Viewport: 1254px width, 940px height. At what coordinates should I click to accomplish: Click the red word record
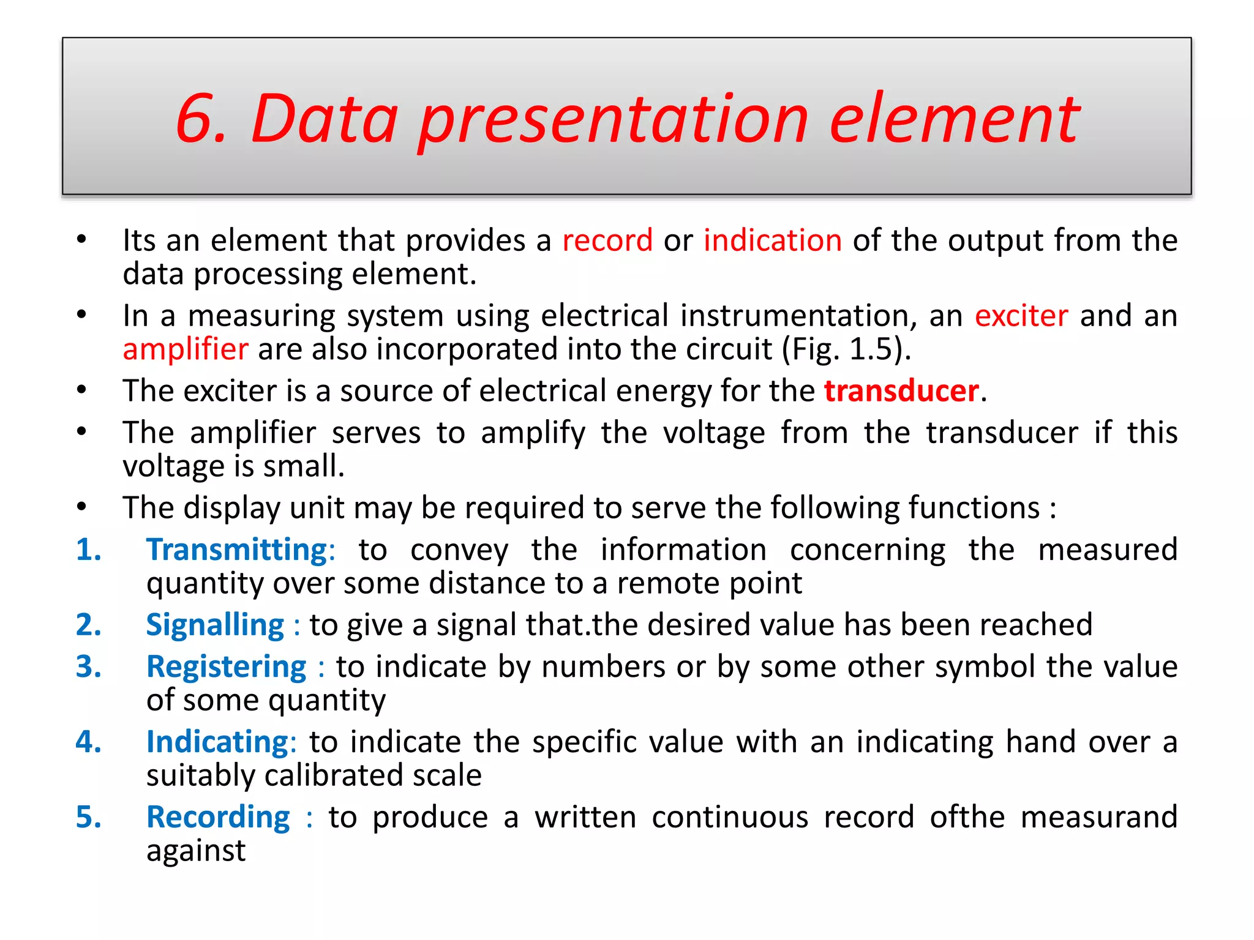[x=607, y=241]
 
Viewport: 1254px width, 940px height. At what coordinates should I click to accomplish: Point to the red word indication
[x=772, y=241]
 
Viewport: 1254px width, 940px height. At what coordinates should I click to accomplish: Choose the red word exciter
[x=1021, y=316]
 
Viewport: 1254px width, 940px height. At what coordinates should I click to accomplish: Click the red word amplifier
[x=186, y=349]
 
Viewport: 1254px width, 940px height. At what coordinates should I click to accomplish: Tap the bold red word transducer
[x=901, y=391]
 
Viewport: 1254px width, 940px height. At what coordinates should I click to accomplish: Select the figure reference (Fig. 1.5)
[x=846, y=349]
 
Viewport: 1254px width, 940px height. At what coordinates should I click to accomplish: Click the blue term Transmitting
[x=237, y=550]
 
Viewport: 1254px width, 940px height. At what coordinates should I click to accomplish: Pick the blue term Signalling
[x=215, y=625]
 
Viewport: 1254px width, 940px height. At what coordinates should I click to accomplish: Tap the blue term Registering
[x=226, y=667]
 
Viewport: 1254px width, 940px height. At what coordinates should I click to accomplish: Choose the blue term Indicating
[x=217, y=742]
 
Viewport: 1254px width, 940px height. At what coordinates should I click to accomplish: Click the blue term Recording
[x=218, y=818]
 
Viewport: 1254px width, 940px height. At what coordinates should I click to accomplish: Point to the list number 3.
[x=88, y=667]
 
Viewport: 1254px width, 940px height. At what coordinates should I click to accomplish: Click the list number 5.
[x=88, y=818]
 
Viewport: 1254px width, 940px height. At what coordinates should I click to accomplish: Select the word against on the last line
[x=196, y=851]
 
